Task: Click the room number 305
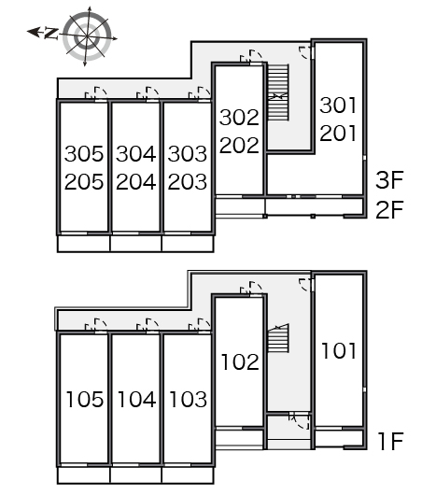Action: coord(84,154)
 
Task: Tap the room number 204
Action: coord(136,182)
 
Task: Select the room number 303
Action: coord(188,154)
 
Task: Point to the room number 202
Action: coord(239,145)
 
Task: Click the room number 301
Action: coord(338,106)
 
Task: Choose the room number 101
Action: coord(339,351)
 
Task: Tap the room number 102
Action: coord(240,361)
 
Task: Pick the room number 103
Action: coord(188,399)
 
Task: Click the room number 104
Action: coord(136,399)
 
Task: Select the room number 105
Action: coord(85,399)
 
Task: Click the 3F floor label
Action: coord(390,180)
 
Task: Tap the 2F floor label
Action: coord(390,209)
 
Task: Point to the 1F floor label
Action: coord(391,441)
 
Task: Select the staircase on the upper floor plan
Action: coord(278,92)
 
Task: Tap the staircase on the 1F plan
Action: coord(278,338)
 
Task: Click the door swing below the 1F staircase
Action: coord(300,421)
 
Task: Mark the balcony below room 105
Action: coord(84,475)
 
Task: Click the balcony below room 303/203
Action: coord(188,244)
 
